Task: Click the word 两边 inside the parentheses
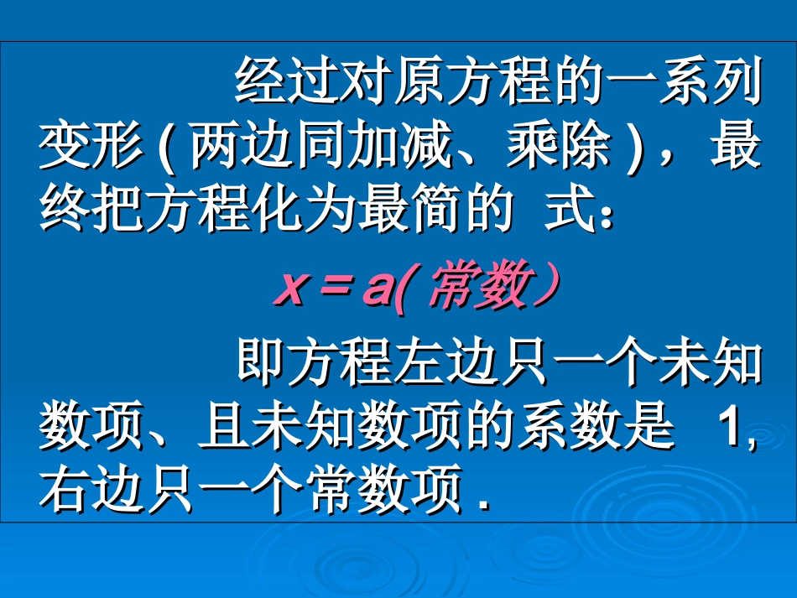click(243, 148)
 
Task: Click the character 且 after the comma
click(222, 429)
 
